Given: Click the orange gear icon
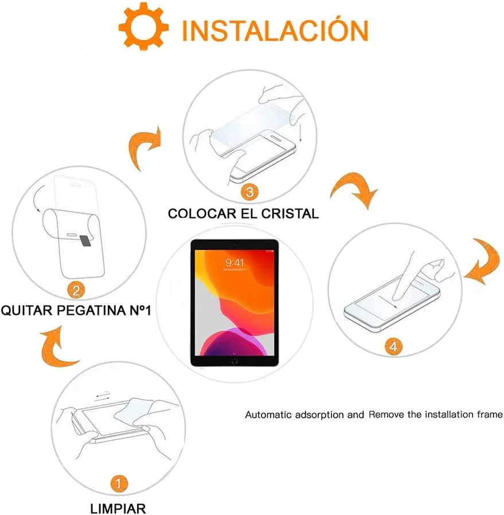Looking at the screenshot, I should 144,28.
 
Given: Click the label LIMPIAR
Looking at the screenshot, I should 118,508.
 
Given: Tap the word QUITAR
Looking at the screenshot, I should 25,311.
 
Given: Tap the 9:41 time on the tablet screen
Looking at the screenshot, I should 235,263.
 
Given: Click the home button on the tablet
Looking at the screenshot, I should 235,361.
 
